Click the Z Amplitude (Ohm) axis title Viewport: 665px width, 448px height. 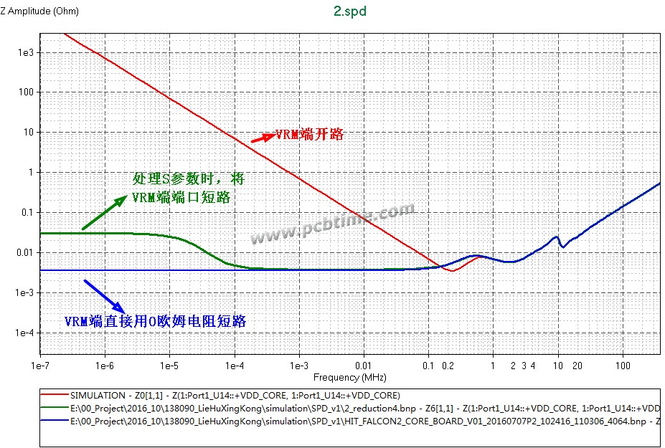click(x=40, y=11)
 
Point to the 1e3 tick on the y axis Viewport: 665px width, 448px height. click(x=25, y=53)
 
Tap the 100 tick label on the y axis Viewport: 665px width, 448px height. click(x=26, y=92)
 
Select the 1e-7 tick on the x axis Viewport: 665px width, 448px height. click(x=40, y=366)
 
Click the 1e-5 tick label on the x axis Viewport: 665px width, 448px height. click(x=169, y=366)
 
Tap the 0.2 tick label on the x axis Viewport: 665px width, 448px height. click(x=448, y=366)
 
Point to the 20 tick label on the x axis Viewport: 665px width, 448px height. click(x=577, y=366)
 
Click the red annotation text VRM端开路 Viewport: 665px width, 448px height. click(x=309, y=134)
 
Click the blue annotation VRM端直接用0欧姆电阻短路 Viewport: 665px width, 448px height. click(x=155, y=322)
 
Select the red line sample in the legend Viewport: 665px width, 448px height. click(x=53, y=396)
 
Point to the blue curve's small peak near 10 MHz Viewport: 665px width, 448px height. click(x=555, y=237)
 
